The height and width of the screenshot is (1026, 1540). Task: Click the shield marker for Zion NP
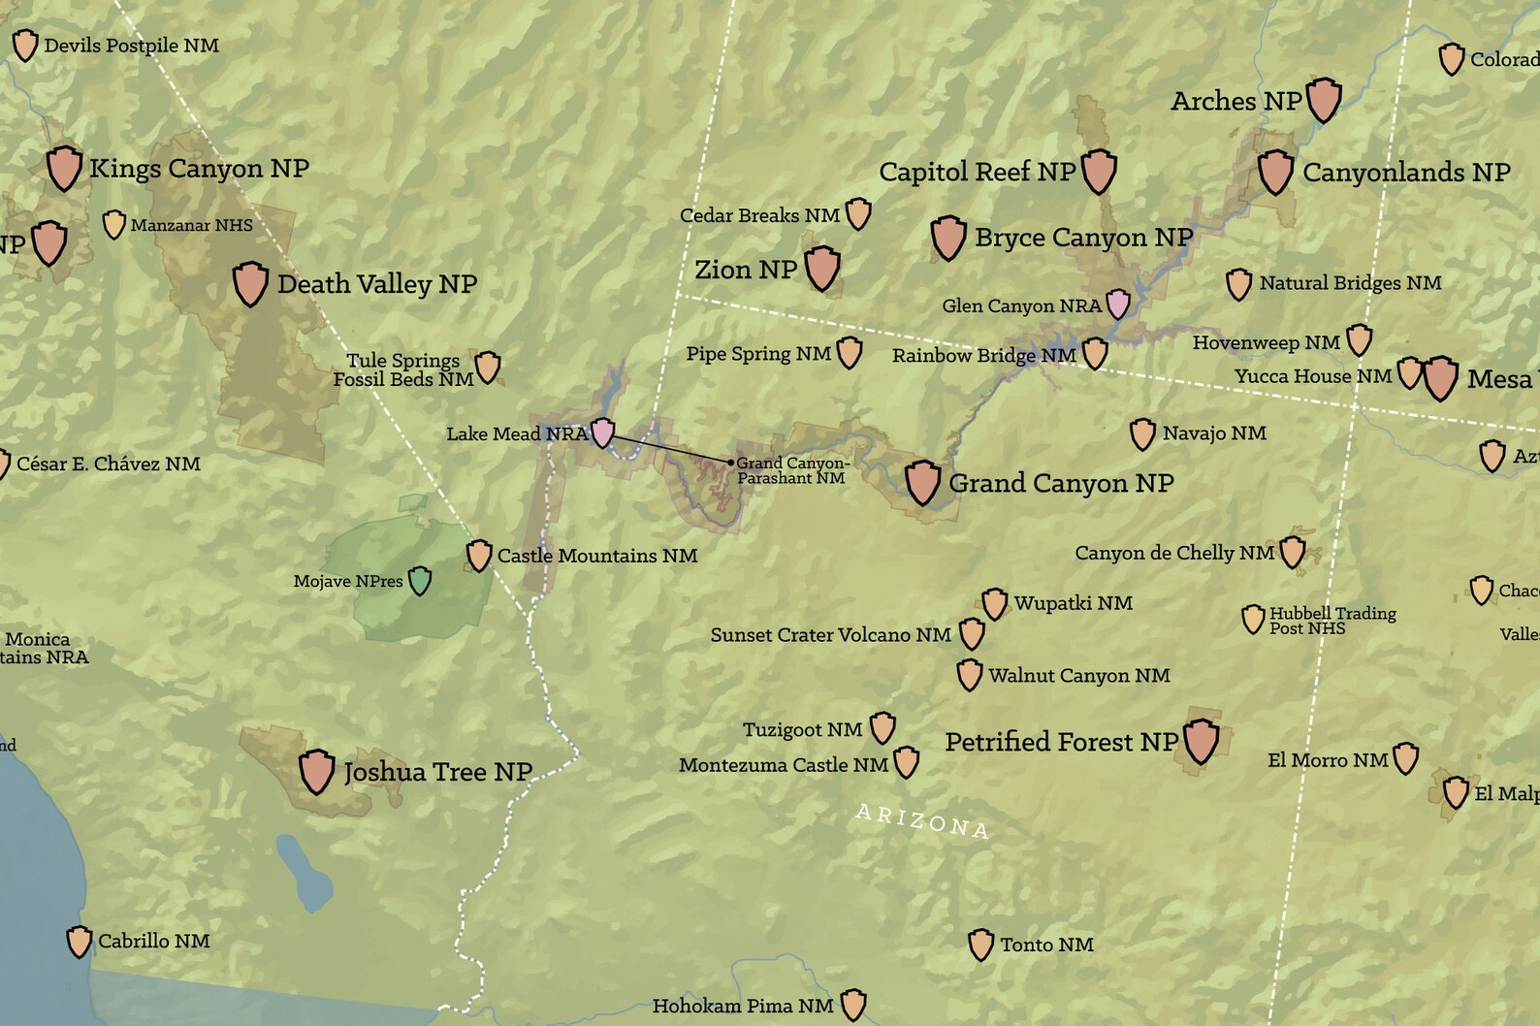[x=822, y=267]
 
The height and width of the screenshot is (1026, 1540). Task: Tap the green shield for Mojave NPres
[x=419, y=580]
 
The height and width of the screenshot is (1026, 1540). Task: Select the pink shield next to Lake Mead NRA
[x=602, y=432]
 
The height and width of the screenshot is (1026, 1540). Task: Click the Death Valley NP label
[x=376, y=284]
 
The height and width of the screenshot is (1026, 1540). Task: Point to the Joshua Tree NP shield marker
[x=316, y=770]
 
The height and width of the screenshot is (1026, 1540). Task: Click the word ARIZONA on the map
[x=921, y=820]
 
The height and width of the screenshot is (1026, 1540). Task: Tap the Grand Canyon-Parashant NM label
[x=791, y=470]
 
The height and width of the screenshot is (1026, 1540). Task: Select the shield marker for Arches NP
[x=1324, y=99]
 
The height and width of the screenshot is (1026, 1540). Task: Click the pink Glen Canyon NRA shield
[x=1118, y=304]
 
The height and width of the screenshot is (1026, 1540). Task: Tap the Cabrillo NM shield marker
[x=79, y=941]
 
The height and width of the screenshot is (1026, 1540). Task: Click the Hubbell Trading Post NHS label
[x=1331, y=621]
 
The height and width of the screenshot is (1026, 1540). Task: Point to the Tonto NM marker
[x=980, y=944]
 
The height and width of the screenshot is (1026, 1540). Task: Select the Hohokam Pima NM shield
[x=852, y=1004]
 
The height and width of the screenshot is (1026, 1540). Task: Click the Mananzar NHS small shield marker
[x=114, y=224]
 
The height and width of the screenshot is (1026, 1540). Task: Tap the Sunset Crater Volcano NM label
[x=830, y=635]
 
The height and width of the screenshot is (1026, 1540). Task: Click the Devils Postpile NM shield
[x=24, y=45]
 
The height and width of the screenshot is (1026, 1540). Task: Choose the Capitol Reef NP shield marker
[x=1099, y=171]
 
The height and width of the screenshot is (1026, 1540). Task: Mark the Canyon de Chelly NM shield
[x=1292, y=551]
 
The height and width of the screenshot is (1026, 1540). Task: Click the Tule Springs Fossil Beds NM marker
[x=487, y=367]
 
